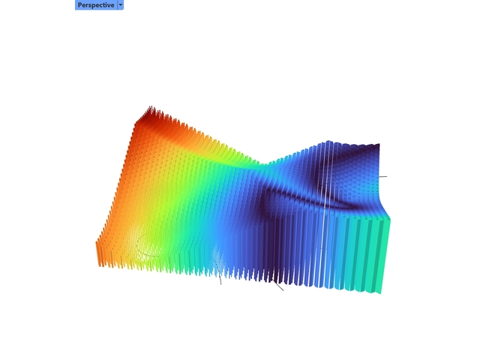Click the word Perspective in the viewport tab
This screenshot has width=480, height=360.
point(95,4)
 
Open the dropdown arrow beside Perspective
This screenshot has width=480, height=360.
point(121,4)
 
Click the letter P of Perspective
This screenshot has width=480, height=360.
point(79,4)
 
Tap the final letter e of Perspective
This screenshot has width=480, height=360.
point(112,4)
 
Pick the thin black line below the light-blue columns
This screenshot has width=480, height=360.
point(220,279)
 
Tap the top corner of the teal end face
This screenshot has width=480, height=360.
point(391,218)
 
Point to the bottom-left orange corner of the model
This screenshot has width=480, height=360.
point(99,262)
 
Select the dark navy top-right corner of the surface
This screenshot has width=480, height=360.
point(377,145)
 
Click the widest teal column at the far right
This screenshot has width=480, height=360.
point(383,255)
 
